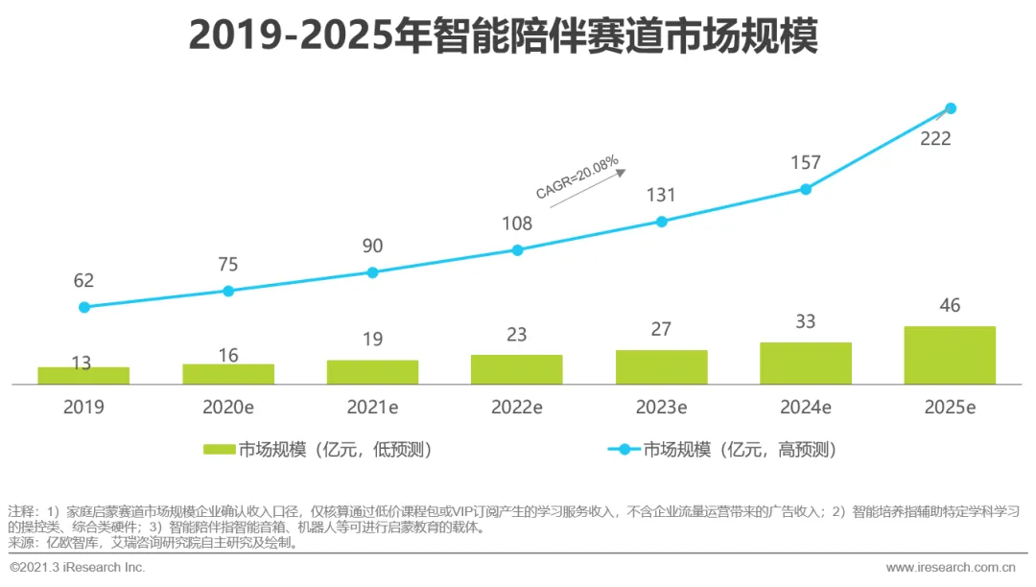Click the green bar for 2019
[83, 375]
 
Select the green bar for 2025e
[950, 355]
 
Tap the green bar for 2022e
[517, 369]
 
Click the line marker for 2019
[84, 307]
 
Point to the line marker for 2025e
[951, 108]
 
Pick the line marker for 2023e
[661, 222]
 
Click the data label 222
[935, 139]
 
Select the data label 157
[806, 163]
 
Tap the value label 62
[83, 281]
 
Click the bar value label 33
[806, 322]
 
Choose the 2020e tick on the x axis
[228, 407]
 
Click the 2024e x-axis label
[806, 407]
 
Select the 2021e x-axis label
[372, 407]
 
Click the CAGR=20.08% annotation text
[577, 177]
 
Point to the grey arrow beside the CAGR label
[615, 173]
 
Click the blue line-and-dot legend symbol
[624, 450]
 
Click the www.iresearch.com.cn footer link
[951, 568]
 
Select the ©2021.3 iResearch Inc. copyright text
[78, 568]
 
